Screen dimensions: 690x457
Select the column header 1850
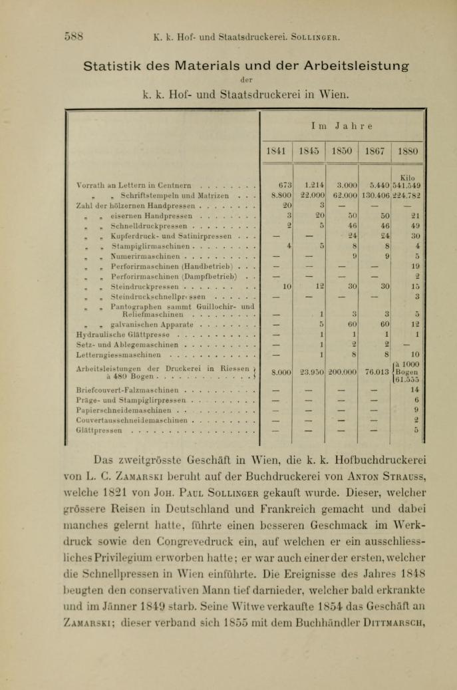pos(345,150)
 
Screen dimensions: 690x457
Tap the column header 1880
pos(410,150)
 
